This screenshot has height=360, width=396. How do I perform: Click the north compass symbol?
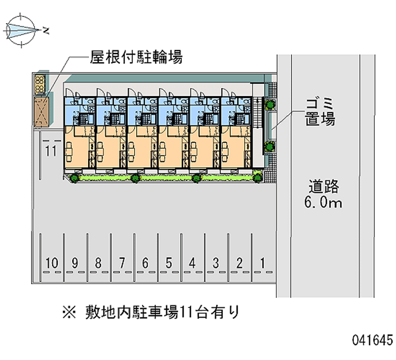[21, 30]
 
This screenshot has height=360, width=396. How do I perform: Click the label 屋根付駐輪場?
[136, 58]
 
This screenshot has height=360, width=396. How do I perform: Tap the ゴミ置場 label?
[320, 111]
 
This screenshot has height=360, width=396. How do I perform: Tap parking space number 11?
[50, 152]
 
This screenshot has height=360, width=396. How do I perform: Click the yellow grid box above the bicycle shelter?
[40, 84]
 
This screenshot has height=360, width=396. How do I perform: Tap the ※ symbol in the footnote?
[68, 312]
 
